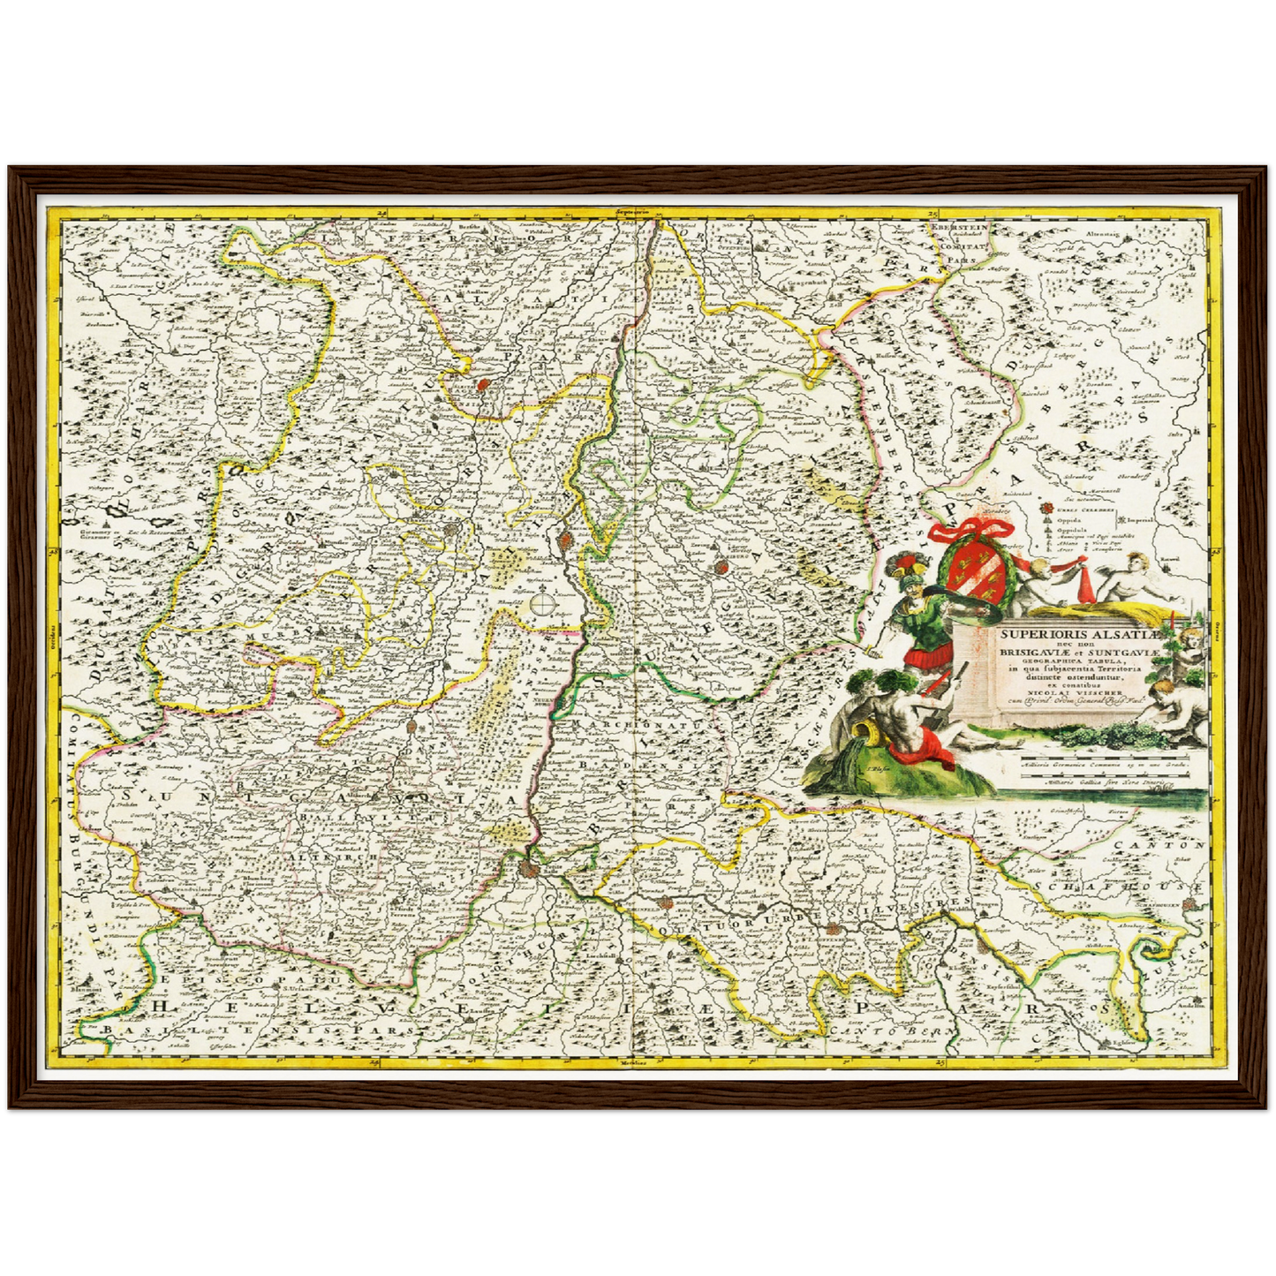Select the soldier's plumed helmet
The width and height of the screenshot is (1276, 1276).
coord(910,565)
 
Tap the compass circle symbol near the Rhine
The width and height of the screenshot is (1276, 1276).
coord(543,604)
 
